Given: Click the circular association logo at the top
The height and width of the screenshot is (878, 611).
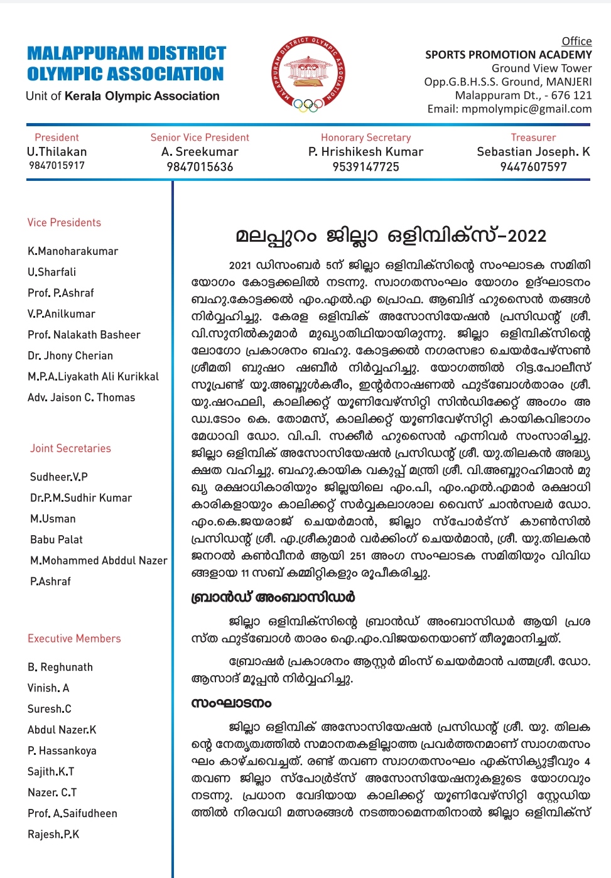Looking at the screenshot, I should [308, 74].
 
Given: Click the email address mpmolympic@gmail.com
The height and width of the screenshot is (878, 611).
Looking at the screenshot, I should [526, 109].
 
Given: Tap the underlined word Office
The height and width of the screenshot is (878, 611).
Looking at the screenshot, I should [576, 41].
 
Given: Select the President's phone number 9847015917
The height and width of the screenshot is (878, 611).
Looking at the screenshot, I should [57, 166].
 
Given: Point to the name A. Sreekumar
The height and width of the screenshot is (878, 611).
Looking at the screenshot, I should [200, 152].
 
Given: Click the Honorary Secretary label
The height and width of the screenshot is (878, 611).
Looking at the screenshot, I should [365, 138].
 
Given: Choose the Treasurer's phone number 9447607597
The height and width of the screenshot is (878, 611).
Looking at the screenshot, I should [533, 167].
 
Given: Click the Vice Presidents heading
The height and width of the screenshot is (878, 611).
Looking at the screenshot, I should [64, 222].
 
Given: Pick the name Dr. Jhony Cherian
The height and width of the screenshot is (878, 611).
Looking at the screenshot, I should [70, 355].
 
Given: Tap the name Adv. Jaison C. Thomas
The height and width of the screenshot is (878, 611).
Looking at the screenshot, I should [81, 398].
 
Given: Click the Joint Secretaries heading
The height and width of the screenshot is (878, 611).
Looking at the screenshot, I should [70, 448].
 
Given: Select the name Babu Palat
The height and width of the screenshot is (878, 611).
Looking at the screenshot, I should [57, 539].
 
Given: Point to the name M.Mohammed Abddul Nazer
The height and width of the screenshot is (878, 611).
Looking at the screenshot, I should [99, 560].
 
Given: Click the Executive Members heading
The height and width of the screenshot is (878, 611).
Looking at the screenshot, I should [74, 639].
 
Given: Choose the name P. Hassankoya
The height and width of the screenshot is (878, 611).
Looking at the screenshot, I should [62, 751].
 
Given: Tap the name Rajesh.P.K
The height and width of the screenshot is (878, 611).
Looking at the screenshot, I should [53, 834].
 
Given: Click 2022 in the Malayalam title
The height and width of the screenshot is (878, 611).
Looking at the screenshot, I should [526, 236].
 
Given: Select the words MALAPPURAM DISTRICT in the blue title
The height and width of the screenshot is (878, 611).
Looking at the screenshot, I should [126, 53].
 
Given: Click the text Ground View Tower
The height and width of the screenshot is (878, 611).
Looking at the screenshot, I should [541, 68].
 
